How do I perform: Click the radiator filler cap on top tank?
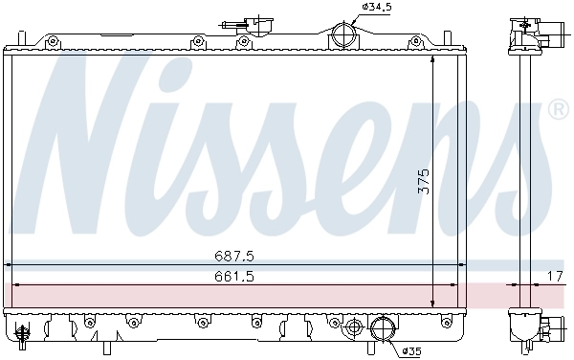tap(247, 23)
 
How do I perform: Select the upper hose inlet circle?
tap(342, 38)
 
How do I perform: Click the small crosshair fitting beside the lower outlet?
tap(355, 328)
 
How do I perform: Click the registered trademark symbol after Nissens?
tap(557, 112)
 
